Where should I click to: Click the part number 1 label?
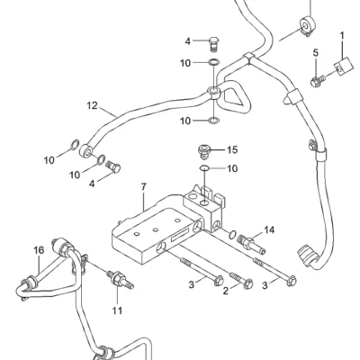point(342,36)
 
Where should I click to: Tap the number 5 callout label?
point(316,53)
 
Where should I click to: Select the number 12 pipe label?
point(93,105)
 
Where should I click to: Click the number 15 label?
point(232,149)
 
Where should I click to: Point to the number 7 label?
point(144,187)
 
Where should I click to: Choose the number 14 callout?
point(269,230)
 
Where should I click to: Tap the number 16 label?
point(39,250)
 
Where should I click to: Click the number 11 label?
point(117,310)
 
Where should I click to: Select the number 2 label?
point(226,291)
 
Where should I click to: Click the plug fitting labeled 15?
point(204,151)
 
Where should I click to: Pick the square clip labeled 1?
point(343,66)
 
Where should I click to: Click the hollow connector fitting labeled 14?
point(250,244)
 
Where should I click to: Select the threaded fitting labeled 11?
point(121,280)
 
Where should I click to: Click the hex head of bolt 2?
point(248,283)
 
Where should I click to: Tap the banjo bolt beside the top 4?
point(213,44)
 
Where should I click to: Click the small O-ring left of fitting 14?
point(232,235)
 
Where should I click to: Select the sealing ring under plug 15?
point(204,168)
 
